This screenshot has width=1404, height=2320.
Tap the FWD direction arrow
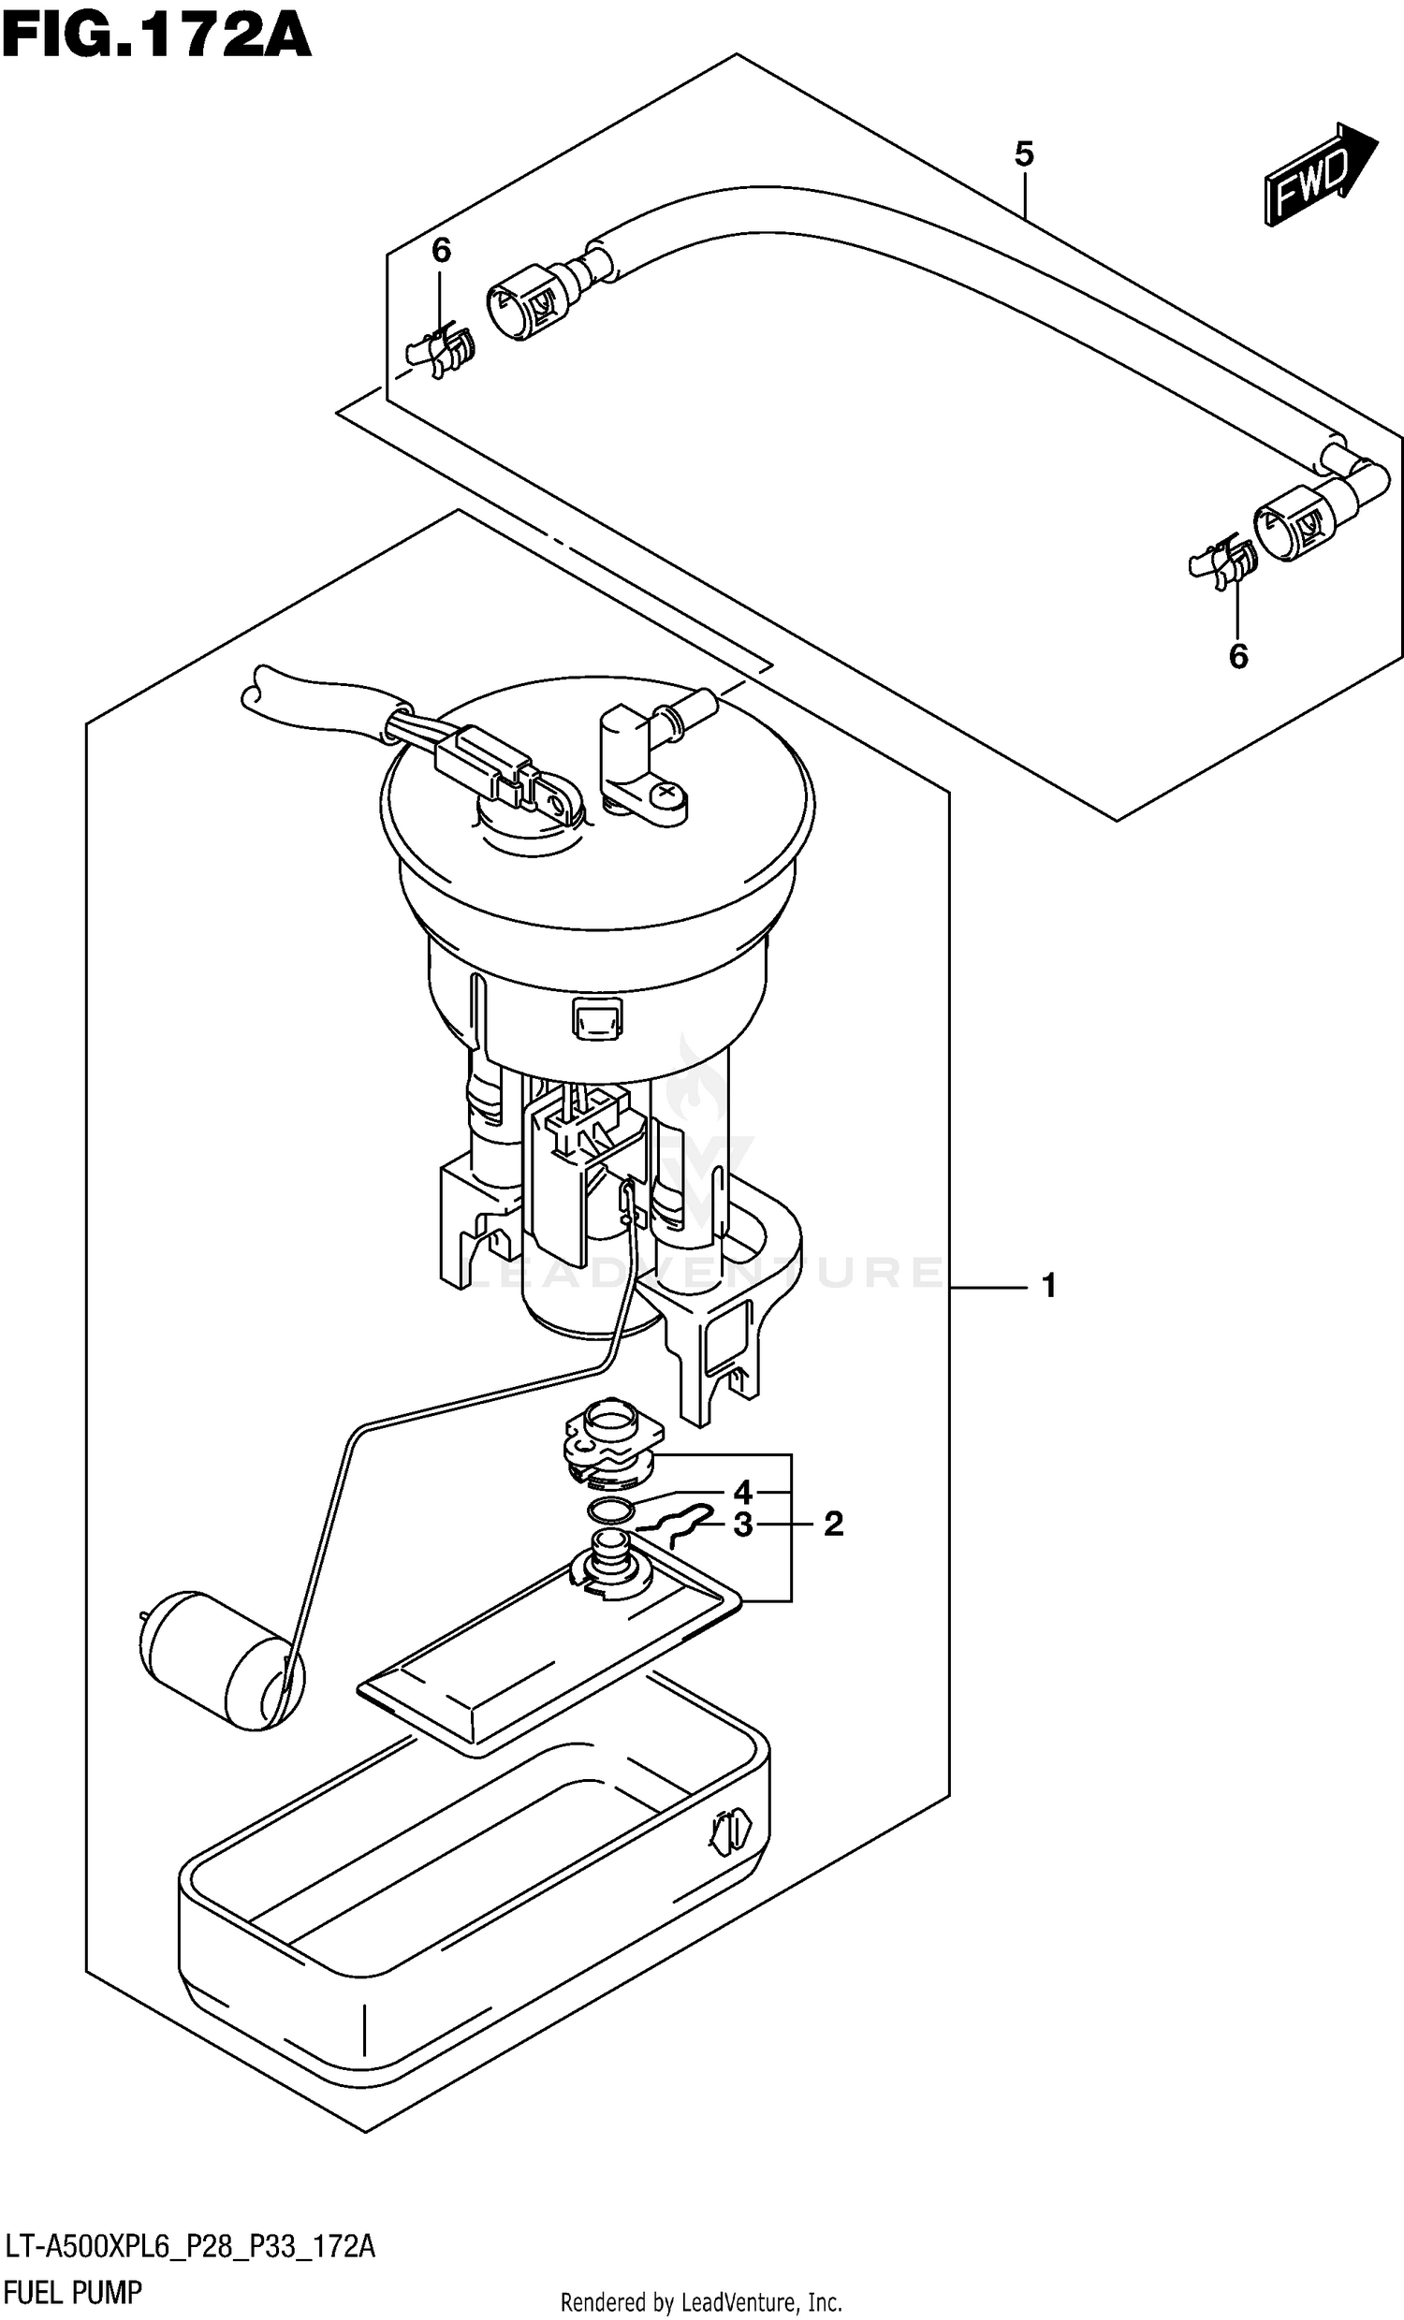click(1318, 176)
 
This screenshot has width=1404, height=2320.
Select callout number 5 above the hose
click(1025, 153)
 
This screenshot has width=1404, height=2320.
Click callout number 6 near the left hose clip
click(441, 251)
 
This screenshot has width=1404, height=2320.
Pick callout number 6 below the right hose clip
click(1238, 656)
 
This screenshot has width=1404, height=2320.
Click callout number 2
click(833, 1524)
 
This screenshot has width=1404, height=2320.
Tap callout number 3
click(743, 1525)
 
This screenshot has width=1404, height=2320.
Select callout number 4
click(743, 1493)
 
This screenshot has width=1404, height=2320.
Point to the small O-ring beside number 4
click(608, 1511)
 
